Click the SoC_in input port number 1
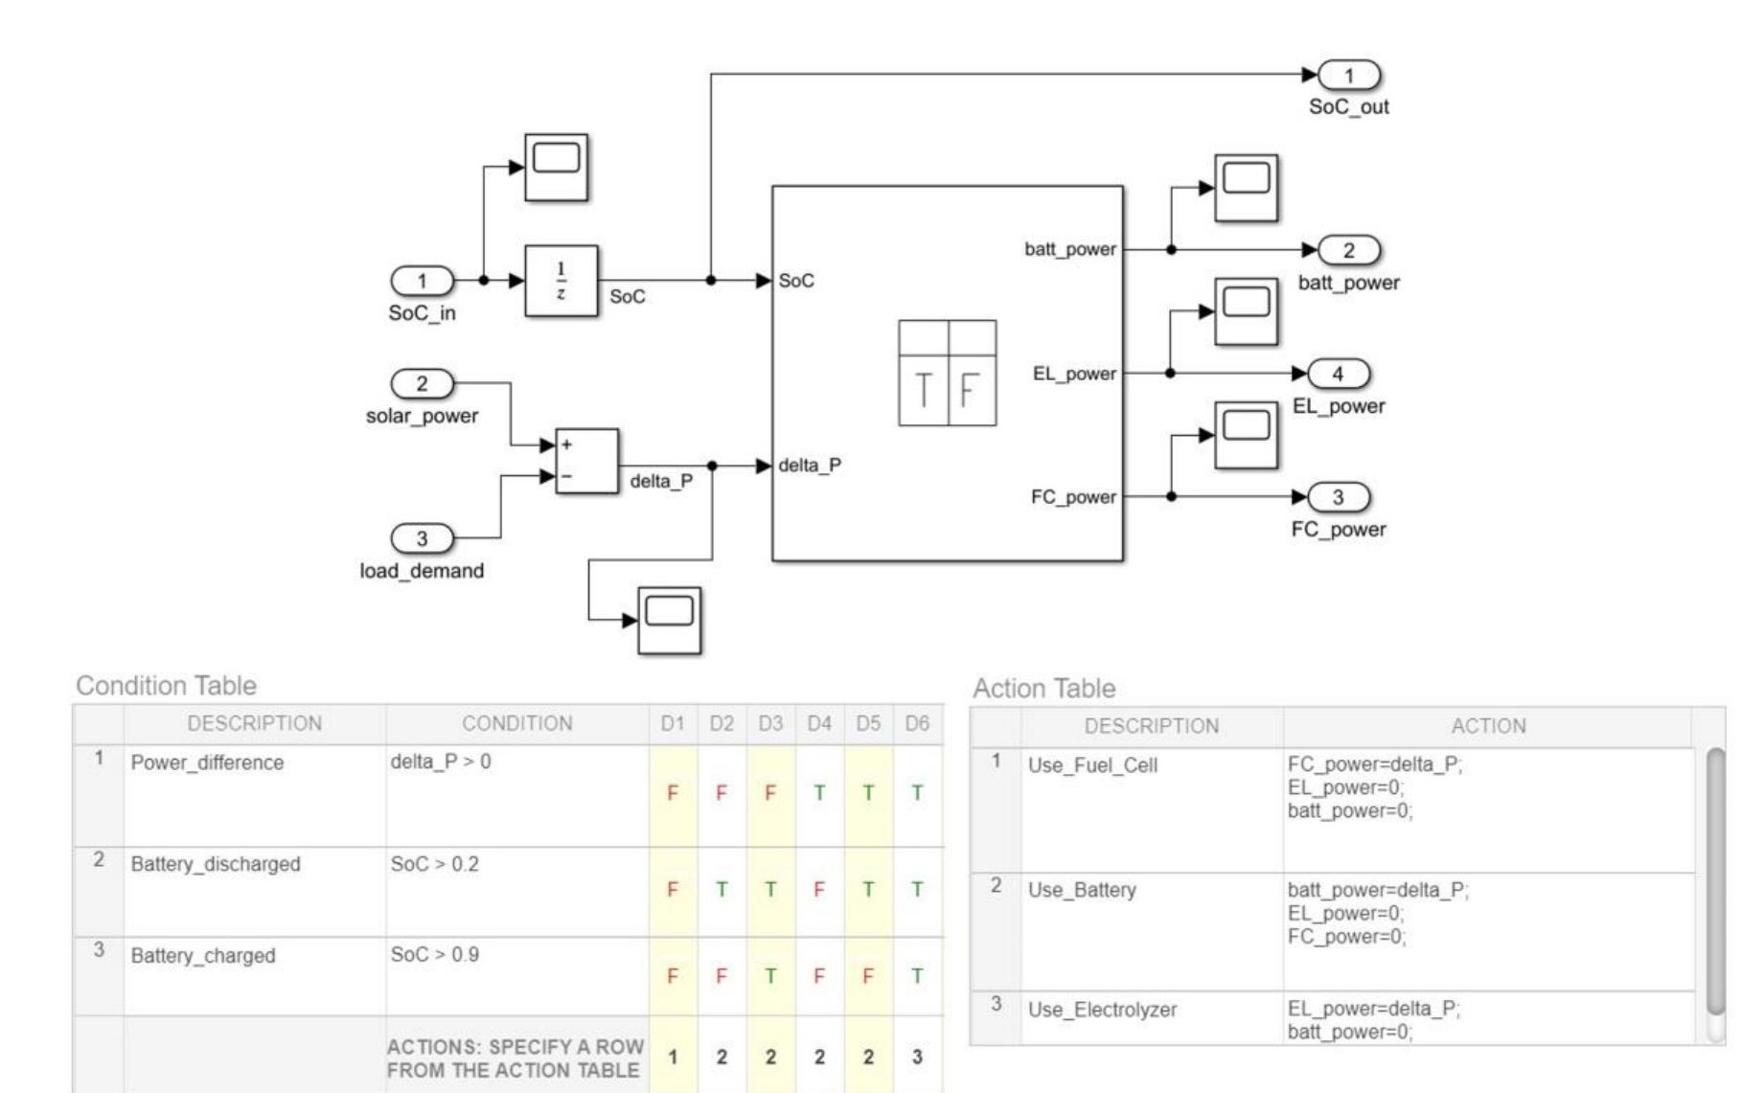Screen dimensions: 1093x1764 (x=422, y=281)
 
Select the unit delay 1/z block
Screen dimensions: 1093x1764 (x=561, y=281)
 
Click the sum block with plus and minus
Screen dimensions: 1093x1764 (x=586, y=461)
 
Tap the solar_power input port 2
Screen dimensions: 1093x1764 (x=422, y=384)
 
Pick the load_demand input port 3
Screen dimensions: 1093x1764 (x=422, y=538)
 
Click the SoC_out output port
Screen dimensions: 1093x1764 (x=1349, y=76)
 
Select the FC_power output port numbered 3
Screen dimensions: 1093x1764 (x=1339, y=497)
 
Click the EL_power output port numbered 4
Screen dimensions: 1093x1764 (x=1339, y=374)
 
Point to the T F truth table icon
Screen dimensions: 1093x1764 (x=947, y=373)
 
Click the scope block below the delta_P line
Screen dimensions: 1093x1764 (x=669, y=620)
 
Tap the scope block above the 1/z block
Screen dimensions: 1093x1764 (x=556, y=168)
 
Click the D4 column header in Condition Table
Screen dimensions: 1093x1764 (x=819, y=724)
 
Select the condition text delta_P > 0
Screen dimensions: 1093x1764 (x=441, y=762)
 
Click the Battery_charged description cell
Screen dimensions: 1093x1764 (x=203, y=956)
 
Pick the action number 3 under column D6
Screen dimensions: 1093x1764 (x=917, y=1058)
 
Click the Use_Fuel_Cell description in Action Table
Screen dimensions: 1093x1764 (x=1092, y=765)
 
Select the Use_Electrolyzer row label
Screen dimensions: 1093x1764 (x=1102, y=1010)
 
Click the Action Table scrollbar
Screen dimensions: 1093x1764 (x=1715, y=881)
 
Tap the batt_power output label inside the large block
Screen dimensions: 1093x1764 (x=1070, y=249)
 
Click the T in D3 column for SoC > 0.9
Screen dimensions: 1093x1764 (x=770, y=976)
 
